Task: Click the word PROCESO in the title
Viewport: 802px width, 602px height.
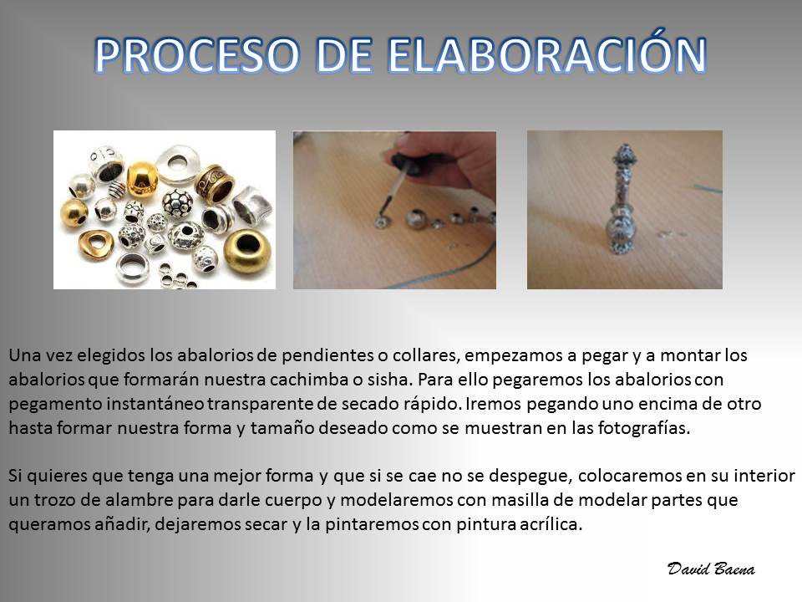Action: pyautogui.click(x=197, y=54)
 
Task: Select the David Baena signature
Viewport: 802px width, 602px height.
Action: pyautogui.click(x=711, y=569)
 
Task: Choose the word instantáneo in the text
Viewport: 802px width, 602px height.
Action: pyautogui.click(x=155, y=404)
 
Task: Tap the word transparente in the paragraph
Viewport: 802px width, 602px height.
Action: pyautogui.click(x=261, y=404)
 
